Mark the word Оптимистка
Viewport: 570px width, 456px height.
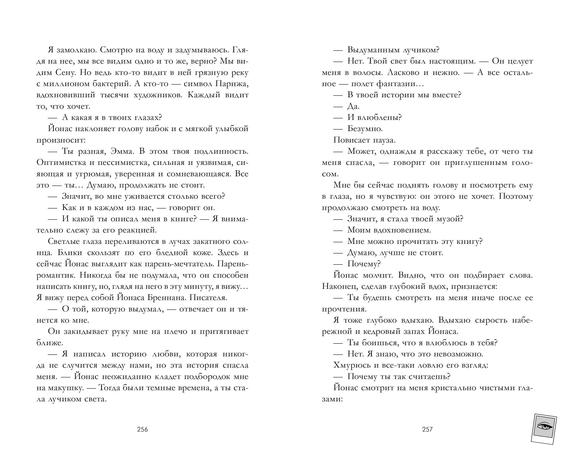click(61, 163)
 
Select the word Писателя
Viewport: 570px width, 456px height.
click(209, 298)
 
